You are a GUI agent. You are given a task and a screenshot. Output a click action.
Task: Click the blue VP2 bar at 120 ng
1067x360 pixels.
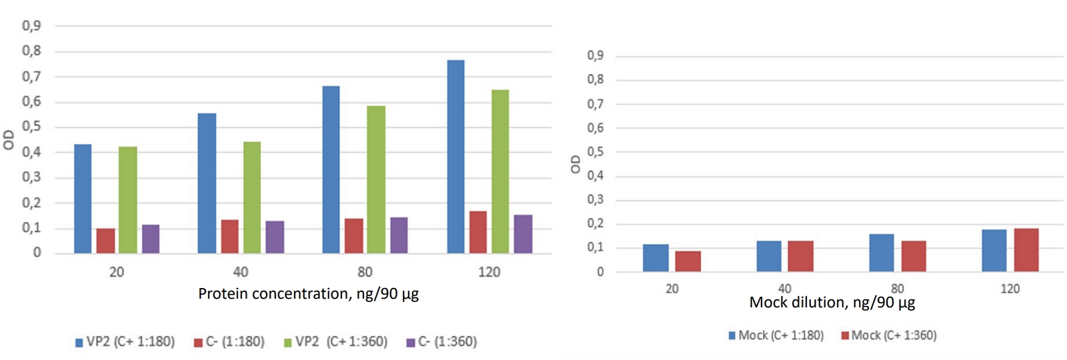coord(455,157)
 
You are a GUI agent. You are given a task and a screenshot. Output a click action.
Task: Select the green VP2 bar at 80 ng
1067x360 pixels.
coord(376,179)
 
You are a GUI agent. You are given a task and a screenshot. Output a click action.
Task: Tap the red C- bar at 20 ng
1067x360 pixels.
coord(105,241)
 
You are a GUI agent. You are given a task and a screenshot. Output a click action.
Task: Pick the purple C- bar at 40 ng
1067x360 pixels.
coord(275,237)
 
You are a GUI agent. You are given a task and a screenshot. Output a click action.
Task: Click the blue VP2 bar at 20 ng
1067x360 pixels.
coord(83,199)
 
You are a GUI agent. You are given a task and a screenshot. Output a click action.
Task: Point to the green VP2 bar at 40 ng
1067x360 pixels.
coord(252,197)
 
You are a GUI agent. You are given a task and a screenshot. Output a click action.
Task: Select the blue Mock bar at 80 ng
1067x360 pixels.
coord(882,253)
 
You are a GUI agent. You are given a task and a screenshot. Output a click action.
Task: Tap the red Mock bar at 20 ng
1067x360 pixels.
coord(688,261)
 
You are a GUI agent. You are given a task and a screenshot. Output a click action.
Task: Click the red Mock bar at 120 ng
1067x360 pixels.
coord(1026,250)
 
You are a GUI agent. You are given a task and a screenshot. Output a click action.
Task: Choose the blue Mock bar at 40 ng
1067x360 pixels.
coord(769,256)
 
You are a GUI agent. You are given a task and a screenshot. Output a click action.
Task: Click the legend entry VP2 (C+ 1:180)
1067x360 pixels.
coord(125,342)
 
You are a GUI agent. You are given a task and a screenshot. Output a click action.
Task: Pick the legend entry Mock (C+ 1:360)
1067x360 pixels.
coord(889,335)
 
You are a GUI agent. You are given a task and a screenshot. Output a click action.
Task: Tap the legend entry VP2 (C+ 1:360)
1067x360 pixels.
coord(335,342)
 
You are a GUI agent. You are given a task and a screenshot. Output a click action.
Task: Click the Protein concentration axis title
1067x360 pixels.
coord(308,294)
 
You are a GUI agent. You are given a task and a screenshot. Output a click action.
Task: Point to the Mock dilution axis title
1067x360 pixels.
coord(832,303)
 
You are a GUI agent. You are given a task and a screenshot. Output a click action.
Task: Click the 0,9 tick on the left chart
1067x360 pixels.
coord(31,26)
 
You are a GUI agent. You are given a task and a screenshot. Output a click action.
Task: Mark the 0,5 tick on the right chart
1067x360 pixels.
coord(595,152)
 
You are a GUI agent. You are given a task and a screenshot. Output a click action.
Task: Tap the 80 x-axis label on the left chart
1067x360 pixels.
coord(365,272)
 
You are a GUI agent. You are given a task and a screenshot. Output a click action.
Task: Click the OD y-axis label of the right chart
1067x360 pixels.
coord(576,164)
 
